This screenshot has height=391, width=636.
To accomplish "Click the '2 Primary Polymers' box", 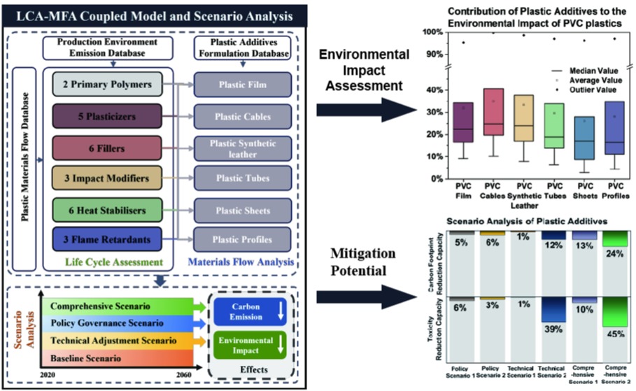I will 106,85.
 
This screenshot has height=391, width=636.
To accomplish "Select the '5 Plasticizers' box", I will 106,117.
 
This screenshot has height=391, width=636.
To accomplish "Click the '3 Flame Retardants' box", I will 106,240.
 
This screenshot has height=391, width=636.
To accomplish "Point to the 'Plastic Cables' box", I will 237,117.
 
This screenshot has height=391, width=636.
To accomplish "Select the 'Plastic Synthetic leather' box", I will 237,149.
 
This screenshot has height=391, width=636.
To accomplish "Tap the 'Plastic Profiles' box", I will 237,240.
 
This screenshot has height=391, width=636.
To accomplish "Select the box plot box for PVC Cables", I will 493,111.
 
